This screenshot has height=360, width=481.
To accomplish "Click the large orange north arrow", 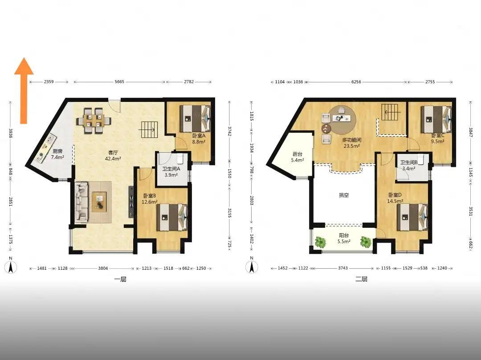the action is [24, 91].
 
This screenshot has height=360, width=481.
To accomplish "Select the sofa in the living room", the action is [81, 202].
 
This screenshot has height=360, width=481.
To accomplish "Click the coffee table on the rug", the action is [99, 202].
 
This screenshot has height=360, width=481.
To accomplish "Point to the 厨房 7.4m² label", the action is [57, 154].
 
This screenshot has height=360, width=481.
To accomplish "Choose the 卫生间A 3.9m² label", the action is [171, 172].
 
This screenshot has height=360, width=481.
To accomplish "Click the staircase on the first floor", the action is [149, 129].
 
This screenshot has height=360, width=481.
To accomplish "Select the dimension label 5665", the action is [119, 82].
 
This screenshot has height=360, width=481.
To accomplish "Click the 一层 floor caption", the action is [120, 279].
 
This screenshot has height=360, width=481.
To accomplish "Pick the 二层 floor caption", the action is [361, 279].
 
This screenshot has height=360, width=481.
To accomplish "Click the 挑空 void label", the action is [344, 195].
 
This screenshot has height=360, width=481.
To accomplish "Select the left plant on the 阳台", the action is [321, 242].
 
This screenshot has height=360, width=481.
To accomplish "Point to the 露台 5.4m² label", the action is [297, 157].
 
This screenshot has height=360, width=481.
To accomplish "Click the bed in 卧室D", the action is [412, 217].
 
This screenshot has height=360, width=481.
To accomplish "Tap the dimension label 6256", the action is [356, 82].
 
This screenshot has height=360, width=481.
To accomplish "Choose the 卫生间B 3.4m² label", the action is [408, 166].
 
